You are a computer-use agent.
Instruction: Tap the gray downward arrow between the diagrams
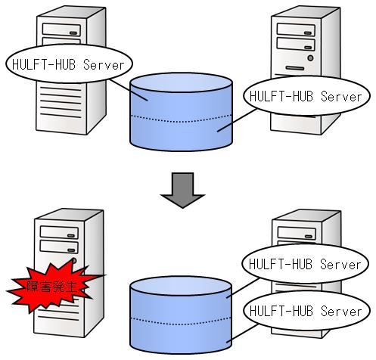pyautogui.click(x=182, y=190)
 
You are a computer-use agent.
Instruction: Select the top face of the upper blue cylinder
pyautogui.click(x=181, y=82)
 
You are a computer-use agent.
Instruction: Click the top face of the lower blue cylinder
pyautogui.click(x=181, y=286)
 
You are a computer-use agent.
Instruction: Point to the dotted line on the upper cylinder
pyautogui.click(x=181, y=119)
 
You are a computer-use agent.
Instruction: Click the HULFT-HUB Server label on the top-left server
pyautogui.click(x=69, y=64)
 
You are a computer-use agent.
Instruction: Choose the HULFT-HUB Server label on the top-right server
pyautogui.click(x=306, y=96)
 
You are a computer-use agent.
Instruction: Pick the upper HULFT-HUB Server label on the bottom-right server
pyautogui.click(x=305, y=264)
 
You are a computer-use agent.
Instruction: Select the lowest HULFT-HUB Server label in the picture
pyautogui.click(x=306, y=311)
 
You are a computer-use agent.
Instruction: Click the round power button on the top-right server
pyautogui.click(x=310, y=58)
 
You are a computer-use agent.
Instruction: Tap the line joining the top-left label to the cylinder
pyautogui.click(x=129, y=90)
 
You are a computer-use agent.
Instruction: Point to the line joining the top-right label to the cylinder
pyautogui.click(x=237, y=120)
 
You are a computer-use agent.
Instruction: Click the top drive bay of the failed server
pyautogui.click(x=59, y=232)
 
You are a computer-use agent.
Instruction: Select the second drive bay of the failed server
pyautogui.click(x=59, y=247)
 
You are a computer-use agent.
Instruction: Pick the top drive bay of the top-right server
pyautogui.click(x=296, y=29)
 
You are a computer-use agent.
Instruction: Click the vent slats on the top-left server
pyautogui.click(x=61, y=102)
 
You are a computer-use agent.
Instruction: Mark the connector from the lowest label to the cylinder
pyautogui.click(x=243, y=334)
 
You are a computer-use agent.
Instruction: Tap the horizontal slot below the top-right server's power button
pyautogui.click(x=295, y=68)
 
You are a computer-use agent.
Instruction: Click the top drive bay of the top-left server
pyautogui.click(x=61, y=29)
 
